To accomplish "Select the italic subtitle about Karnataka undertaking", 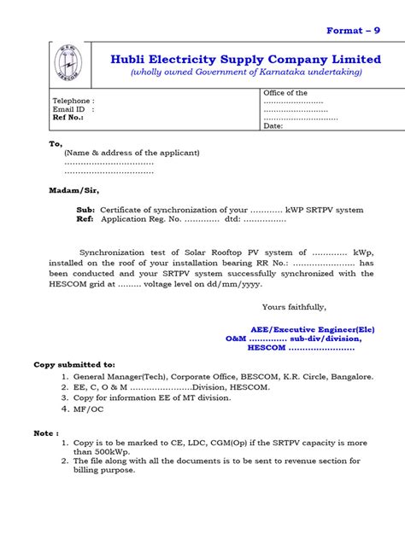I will [x=246, y=72].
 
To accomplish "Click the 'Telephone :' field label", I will [x=73, y=100].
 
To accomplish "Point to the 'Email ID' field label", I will [x=69, y=109].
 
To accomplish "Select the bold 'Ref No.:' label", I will [x=68, y=118].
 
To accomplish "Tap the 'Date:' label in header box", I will [x=273, y=125].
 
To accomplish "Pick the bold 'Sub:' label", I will [x=86, y=210].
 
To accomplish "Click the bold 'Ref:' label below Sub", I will [x=85, y=219].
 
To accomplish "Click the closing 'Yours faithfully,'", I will [x=293, y=306].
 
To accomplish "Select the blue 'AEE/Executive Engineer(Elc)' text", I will [x=313, y=328].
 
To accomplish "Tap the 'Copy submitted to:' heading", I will [x=73, y=364].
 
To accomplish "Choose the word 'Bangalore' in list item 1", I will [x=351, y=375].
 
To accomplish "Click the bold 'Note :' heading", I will [x=46, y=432].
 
